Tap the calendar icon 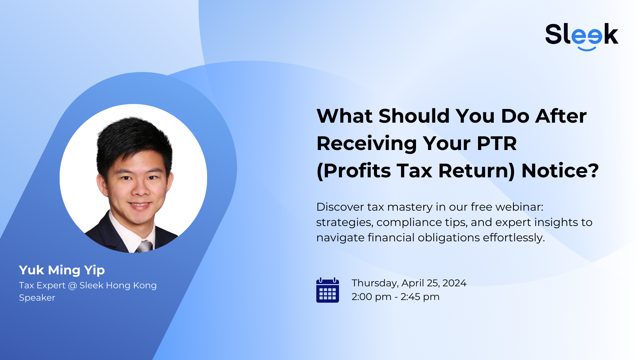327,290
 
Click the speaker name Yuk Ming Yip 62,270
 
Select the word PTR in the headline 497,143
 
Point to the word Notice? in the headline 560,171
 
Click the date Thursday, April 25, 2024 409,283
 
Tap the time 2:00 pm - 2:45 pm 395,297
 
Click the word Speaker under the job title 37,298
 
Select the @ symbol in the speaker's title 72,286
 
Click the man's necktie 144,247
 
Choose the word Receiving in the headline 366,143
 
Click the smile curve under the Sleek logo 587,49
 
